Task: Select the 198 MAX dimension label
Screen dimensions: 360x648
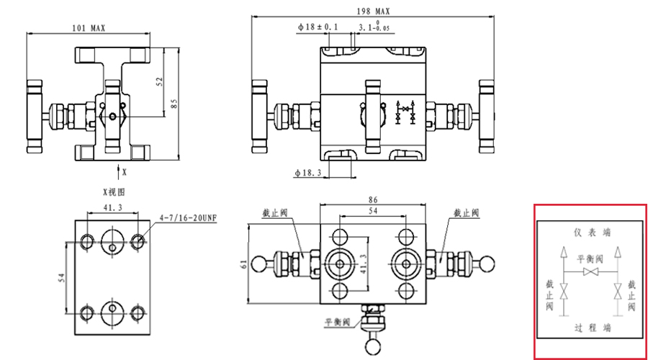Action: [x=373, y=12]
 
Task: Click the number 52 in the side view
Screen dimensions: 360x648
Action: [x=160, y=82]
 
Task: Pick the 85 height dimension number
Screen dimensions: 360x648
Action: [x=173, y=103]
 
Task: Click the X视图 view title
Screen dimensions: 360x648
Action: [x=114, y=192]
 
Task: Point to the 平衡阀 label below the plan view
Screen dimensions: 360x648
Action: [x=337, y=321]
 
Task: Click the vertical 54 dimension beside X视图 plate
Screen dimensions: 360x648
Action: [x=62, y=277]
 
